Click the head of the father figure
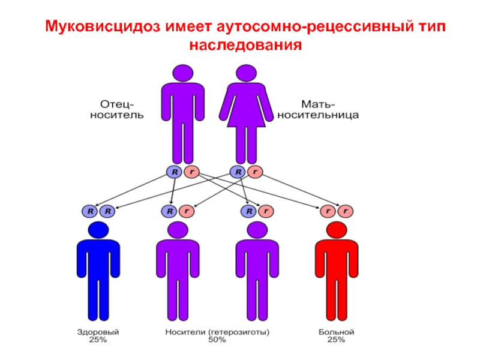(182, 73)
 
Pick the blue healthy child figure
(98, 270)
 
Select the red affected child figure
(337, 270)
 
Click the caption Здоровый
(98, 331)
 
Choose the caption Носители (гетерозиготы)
(218, 331)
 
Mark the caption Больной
(337, 331)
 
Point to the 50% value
(218, 340)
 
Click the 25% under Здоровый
(98, 340)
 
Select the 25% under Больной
(337, 340)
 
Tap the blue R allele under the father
(175, 172)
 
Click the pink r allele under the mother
(254, 172)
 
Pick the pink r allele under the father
(191, 172)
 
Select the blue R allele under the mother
(238, 172)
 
